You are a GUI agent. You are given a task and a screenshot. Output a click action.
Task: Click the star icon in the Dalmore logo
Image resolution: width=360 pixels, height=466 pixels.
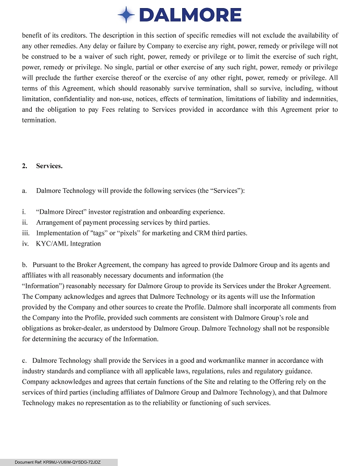[126, 15]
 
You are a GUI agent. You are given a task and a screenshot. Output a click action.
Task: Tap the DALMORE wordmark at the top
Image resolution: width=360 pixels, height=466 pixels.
[190, 15]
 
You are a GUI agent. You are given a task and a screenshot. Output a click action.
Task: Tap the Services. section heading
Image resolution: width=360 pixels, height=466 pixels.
[49, 166]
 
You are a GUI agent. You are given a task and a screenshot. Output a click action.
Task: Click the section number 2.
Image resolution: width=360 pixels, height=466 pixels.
[25, 166]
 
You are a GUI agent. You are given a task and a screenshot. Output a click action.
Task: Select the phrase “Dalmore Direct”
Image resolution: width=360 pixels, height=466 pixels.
[60, 212]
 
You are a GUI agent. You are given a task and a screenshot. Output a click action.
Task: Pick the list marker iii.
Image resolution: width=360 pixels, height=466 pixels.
[26, 233]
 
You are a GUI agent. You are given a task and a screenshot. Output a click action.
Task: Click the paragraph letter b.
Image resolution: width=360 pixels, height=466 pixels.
[25, 265]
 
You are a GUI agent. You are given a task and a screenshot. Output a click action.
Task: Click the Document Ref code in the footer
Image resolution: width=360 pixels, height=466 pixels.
[57, 462]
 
